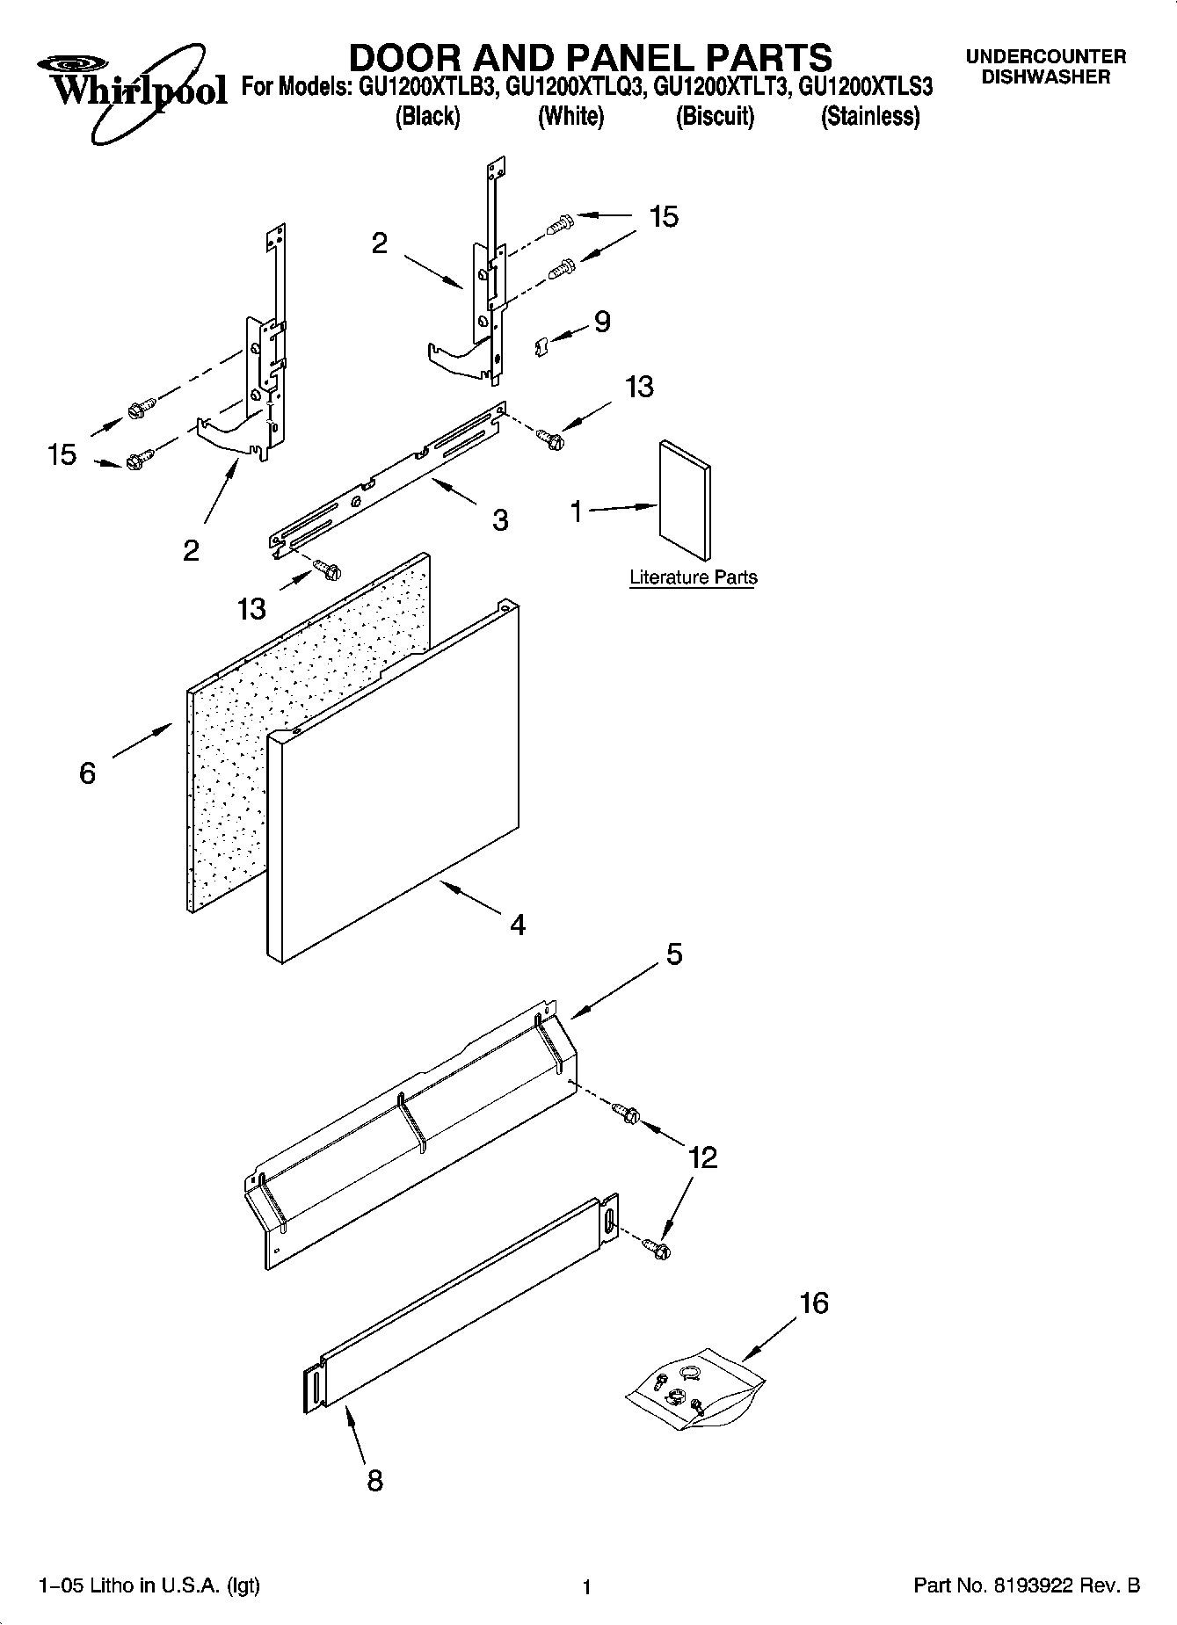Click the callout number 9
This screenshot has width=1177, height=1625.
coord(602,322)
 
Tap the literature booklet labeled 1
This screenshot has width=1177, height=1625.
coord(685,498)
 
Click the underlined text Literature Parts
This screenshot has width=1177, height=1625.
coord(693,577)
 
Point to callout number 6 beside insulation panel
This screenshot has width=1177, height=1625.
coord(87,773)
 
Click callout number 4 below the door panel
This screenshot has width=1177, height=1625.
coord(518,925)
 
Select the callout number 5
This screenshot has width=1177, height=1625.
coord(673,954)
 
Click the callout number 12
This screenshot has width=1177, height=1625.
coord(703,1157)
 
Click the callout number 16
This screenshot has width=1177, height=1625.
coord(814,1302)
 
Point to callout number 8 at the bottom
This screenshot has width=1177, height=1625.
coord(374,1481)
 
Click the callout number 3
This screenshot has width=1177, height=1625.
coord(500,520)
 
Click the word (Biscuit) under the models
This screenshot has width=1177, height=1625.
coord(715,116)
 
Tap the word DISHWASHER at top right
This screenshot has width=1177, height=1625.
coord(1045,77)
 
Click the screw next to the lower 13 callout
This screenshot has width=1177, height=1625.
coord(328,570)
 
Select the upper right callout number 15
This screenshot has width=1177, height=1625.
coord(664,217)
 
